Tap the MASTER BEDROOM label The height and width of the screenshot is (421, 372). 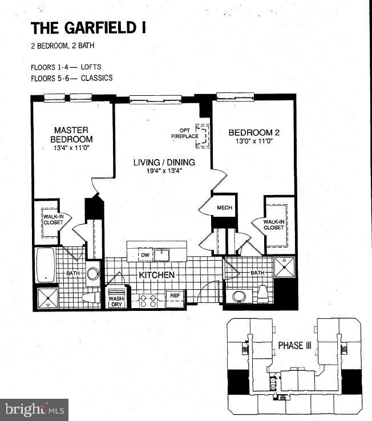coord(71,134)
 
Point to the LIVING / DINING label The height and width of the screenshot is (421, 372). coord(164,162)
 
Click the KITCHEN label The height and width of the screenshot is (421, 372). coord(156,274)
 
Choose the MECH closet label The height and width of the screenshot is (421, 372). coord(225,207)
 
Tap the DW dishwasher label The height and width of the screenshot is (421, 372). coord(145,256)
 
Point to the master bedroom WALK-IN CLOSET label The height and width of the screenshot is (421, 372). coord(49,218)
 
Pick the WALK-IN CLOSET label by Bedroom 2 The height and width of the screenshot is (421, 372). coord(273,224)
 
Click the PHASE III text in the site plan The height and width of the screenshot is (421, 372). coord(294,345)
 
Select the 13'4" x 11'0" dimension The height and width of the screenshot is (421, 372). coord(71,148)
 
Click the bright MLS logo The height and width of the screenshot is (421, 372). coord(34,409)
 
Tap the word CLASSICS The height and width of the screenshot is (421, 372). coord(96,78)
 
